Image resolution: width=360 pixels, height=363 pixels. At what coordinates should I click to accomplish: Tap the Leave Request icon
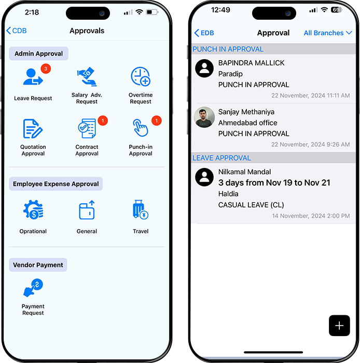tap(33, 77)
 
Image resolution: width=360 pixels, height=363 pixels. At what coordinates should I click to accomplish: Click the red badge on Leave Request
tap(46, 68)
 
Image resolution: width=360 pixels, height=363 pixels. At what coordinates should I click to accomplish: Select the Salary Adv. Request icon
tap(87, 77)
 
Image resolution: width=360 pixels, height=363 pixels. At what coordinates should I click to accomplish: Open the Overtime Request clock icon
tap(141, 77)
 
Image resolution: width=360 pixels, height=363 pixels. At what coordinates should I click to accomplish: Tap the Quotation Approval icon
tap(33, 129)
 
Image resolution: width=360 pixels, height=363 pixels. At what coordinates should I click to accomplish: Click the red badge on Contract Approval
tap(103, 121)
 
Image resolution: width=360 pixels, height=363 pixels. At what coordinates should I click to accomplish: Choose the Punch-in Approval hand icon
tap(140, 128)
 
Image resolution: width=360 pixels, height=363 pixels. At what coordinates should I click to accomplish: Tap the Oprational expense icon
tap(33, 210)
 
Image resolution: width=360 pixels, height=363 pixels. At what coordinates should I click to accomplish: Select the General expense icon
tap(87, 210)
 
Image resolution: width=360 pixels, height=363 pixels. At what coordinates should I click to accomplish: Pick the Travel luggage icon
tap(140, 210)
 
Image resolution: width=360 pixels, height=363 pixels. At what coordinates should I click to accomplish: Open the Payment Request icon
tap(33, 288)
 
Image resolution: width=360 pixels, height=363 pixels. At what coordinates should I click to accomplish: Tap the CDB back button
tap(17, 31)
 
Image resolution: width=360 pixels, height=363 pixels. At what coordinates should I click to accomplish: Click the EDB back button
tap(204, 33)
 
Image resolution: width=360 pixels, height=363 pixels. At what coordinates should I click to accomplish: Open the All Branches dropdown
tap(328, 33)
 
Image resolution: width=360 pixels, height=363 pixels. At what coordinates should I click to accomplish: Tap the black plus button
tap(339, 326)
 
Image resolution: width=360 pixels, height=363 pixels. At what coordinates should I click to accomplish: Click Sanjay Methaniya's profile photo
tap(204, 117)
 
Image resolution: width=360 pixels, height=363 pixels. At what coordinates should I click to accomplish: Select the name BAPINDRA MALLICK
tap(251, 63)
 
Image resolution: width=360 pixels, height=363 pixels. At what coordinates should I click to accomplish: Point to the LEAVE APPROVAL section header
tap(221, 158)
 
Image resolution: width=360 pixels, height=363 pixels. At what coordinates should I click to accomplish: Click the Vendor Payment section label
tap(38, 265)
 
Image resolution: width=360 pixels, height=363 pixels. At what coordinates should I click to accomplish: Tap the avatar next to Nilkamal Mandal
tap(204, 177)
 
